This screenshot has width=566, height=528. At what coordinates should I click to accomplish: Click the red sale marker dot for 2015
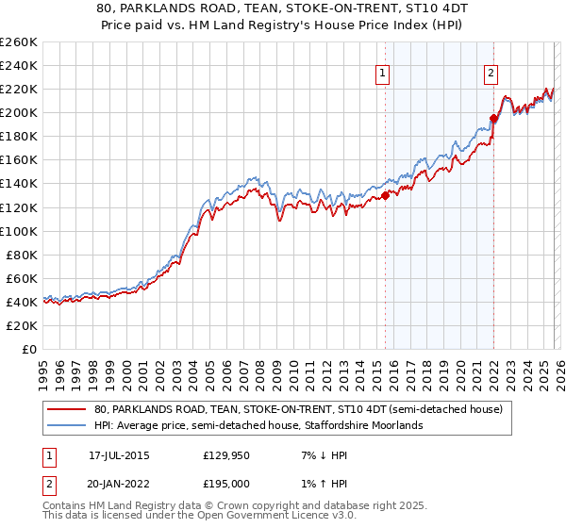385,196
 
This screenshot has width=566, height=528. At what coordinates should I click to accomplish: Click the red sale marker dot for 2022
493,119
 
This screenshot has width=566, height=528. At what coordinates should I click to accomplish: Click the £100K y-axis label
19,231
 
